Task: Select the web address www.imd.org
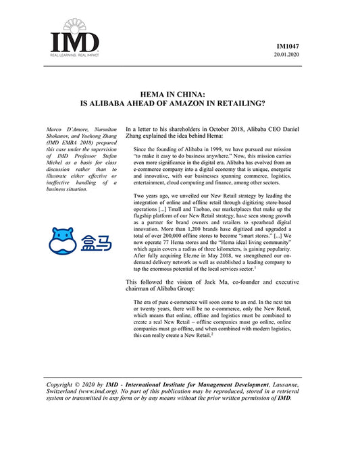[x=101, y=390]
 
